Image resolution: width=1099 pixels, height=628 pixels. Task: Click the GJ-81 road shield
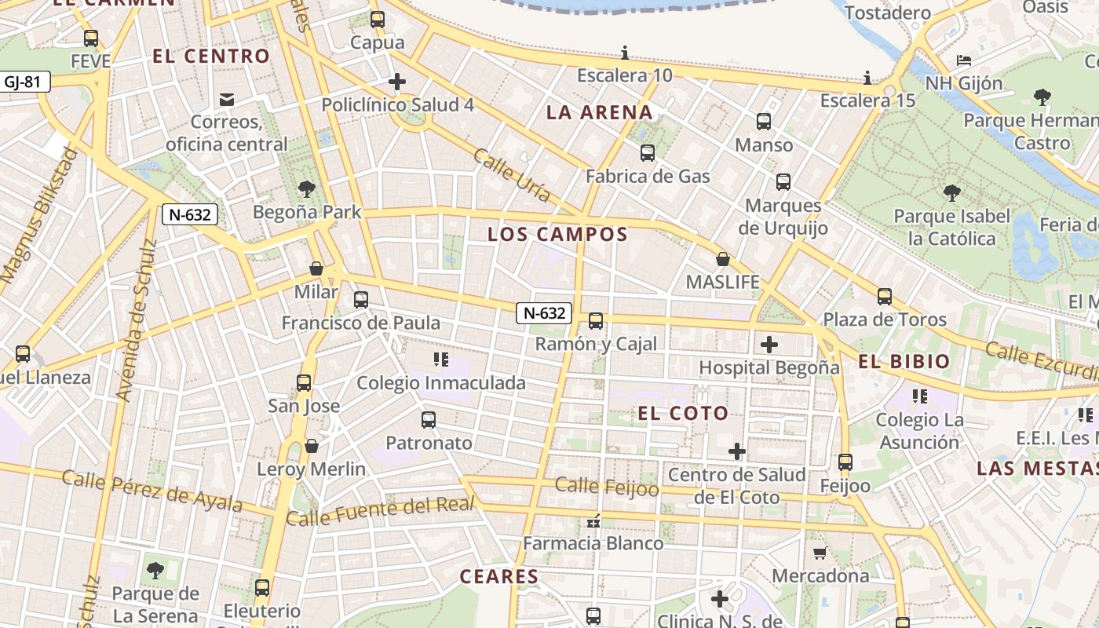[25, 81]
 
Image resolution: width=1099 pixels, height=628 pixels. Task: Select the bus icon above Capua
[378, 20]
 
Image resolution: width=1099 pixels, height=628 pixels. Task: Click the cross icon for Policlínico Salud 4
[397, 81]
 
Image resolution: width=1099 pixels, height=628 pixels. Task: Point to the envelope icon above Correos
[227, 99]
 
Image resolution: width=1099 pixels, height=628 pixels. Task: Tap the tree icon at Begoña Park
[307, 189]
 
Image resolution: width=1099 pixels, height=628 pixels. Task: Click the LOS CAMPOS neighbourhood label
[557, 234]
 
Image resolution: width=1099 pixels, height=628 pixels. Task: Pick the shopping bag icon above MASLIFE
[723, 259]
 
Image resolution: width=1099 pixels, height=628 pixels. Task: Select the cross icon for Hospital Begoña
[769, 344]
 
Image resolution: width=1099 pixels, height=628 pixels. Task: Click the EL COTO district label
[682, 413]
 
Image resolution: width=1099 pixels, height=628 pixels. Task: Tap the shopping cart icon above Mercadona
[820, 553]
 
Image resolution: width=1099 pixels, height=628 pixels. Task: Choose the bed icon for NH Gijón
[964, 60]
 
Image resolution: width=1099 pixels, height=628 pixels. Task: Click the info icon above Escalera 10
[625, 53]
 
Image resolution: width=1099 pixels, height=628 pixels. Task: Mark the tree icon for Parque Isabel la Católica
[951, 192]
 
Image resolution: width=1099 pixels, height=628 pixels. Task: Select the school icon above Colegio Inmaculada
[440, 360]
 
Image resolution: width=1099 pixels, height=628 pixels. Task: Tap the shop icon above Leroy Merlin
[312, 446]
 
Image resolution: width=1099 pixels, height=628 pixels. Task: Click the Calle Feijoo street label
[607, 487]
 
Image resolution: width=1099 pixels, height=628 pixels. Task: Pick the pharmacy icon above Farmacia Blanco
[593, 520]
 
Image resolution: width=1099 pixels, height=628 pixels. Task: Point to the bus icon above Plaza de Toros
[885, 297]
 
